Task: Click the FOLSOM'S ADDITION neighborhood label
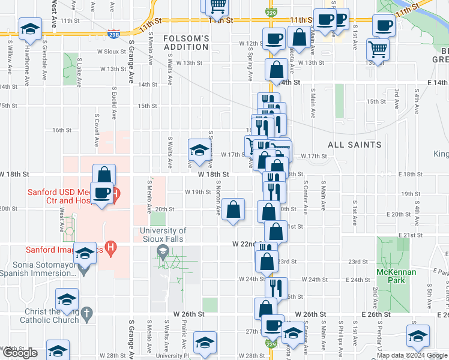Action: point(187,43)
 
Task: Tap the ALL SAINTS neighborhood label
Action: point(354,145)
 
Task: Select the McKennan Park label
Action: point(396,276)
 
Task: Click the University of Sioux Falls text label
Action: point(163,235)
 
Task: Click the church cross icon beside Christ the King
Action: point(86,313)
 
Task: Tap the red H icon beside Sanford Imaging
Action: point(110,246)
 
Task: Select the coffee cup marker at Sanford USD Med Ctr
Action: point(101,193)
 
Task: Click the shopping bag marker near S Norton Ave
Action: point(233,209)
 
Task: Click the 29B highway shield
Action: point(114,35)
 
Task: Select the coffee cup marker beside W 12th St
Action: point(274,39)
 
